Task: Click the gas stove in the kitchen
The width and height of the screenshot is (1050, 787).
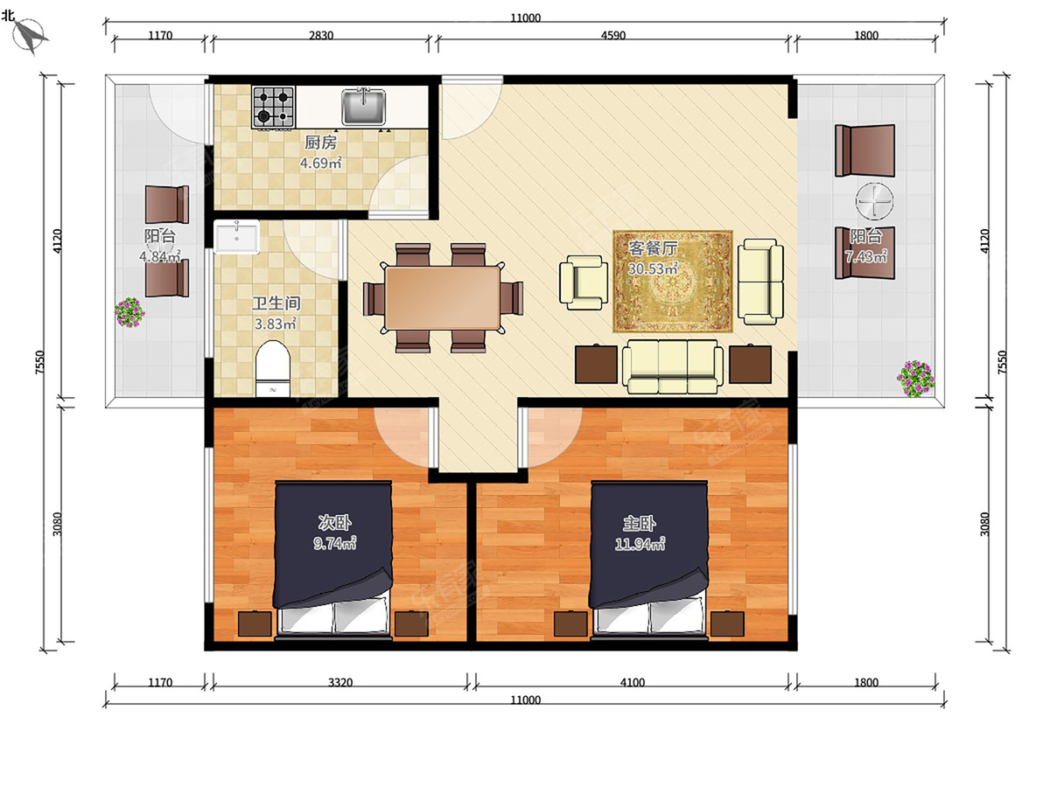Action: (x=273, y=107)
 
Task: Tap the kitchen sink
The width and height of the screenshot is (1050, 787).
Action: (x=363, y=107)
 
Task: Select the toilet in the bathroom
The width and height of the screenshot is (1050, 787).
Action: (x=273, y=368)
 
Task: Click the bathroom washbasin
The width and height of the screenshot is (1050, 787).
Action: (x=236, y=236)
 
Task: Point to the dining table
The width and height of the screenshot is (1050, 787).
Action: (x=443, y=297)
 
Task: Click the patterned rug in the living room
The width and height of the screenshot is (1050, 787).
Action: (x=673, y=282)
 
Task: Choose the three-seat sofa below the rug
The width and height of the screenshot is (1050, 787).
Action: (x=673, y=366)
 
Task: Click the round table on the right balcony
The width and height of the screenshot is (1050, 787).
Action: (x=874, y=201)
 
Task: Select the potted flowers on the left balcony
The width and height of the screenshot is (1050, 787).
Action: (x=129, y=312)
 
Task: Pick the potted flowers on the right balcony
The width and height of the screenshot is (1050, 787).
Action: (x=915, y=379)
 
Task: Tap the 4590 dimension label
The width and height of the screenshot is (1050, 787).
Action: (x=613, y=36)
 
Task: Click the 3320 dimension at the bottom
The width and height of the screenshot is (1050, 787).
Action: (x=340, y=682)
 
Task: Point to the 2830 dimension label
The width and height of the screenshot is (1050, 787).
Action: (x=321, y=36)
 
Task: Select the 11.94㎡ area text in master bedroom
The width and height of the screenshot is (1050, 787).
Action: (x=640, y=544)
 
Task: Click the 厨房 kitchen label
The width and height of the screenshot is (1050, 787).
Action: (x=320, y=143)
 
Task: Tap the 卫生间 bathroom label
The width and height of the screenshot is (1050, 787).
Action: (x=276, y=303)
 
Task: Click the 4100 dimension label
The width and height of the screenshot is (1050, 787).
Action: (x=633, y=682)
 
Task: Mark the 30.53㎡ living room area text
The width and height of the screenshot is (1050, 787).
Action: (x=653, y=268)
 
